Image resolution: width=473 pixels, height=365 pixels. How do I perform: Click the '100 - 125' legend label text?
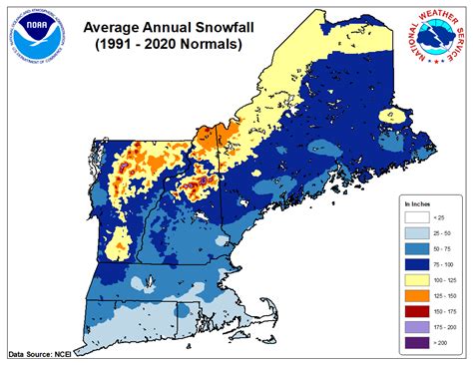click(442, 279)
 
